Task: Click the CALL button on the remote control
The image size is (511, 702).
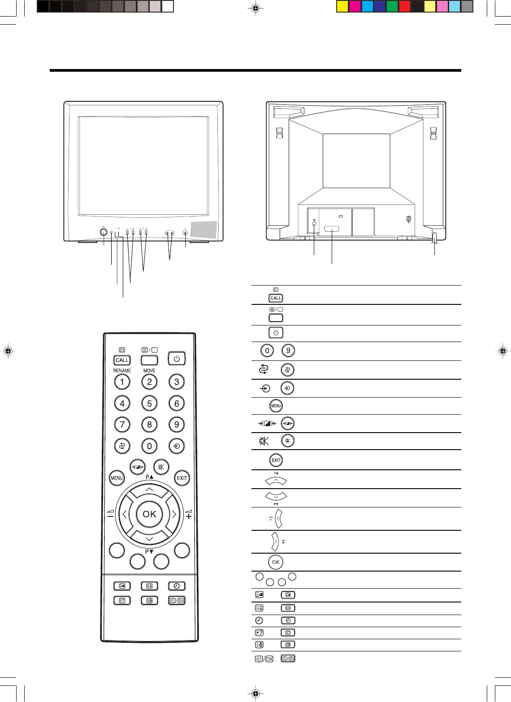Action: [x=122, y=360]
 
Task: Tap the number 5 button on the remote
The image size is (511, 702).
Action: [x=149, y=403]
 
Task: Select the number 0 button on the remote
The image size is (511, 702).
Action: [x=149, y=446]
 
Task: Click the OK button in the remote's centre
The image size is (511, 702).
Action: [x=149, y=514]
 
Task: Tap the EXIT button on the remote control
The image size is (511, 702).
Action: [x=182, y=478]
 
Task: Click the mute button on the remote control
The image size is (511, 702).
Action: [x=161, y=467]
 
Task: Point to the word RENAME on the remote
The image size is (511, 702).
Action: [x=122, y=371]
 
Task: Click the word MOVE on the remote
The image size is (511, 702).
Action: [x=149, y=371]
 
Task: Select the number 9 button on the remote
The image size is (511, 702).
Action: [x=177, y=425]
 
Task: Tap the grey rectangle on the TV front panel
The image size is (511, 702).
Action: [x=204, y=230]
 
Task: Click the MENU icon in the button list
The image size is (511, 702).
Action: [x=276, y=406]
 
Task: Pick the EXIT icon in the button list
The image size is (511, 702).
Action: [x=276, y=460]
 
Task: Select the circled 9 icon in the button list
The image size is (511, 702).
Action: [x=288, y=351]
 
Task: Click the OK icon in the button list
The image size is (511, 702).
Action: [x=276, y=562]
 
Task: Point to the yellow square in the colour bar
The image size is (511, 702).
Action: [x=342, y=7]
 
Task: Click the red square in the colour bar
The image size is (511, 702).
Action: [x=405, y=7]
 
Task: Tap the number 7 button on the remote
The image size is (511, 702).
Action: [x=122, y=425]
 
